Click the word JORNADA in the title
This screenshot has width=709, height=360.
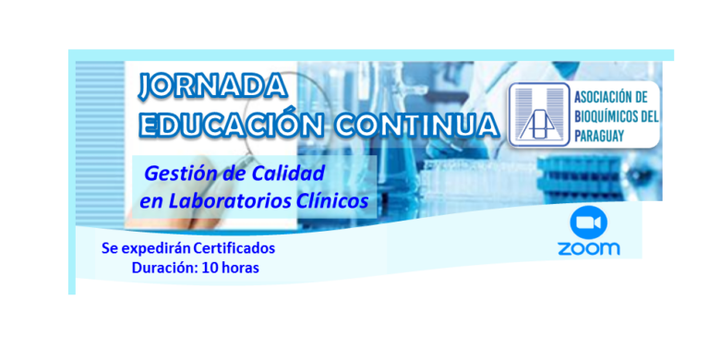[211, 86]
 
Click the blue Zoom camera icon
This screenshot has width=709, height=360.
[588, 223]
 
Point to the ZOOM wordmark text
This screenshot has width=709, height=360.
[588, 248]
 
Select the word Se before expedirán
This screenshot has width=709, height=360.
[110, 248]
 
